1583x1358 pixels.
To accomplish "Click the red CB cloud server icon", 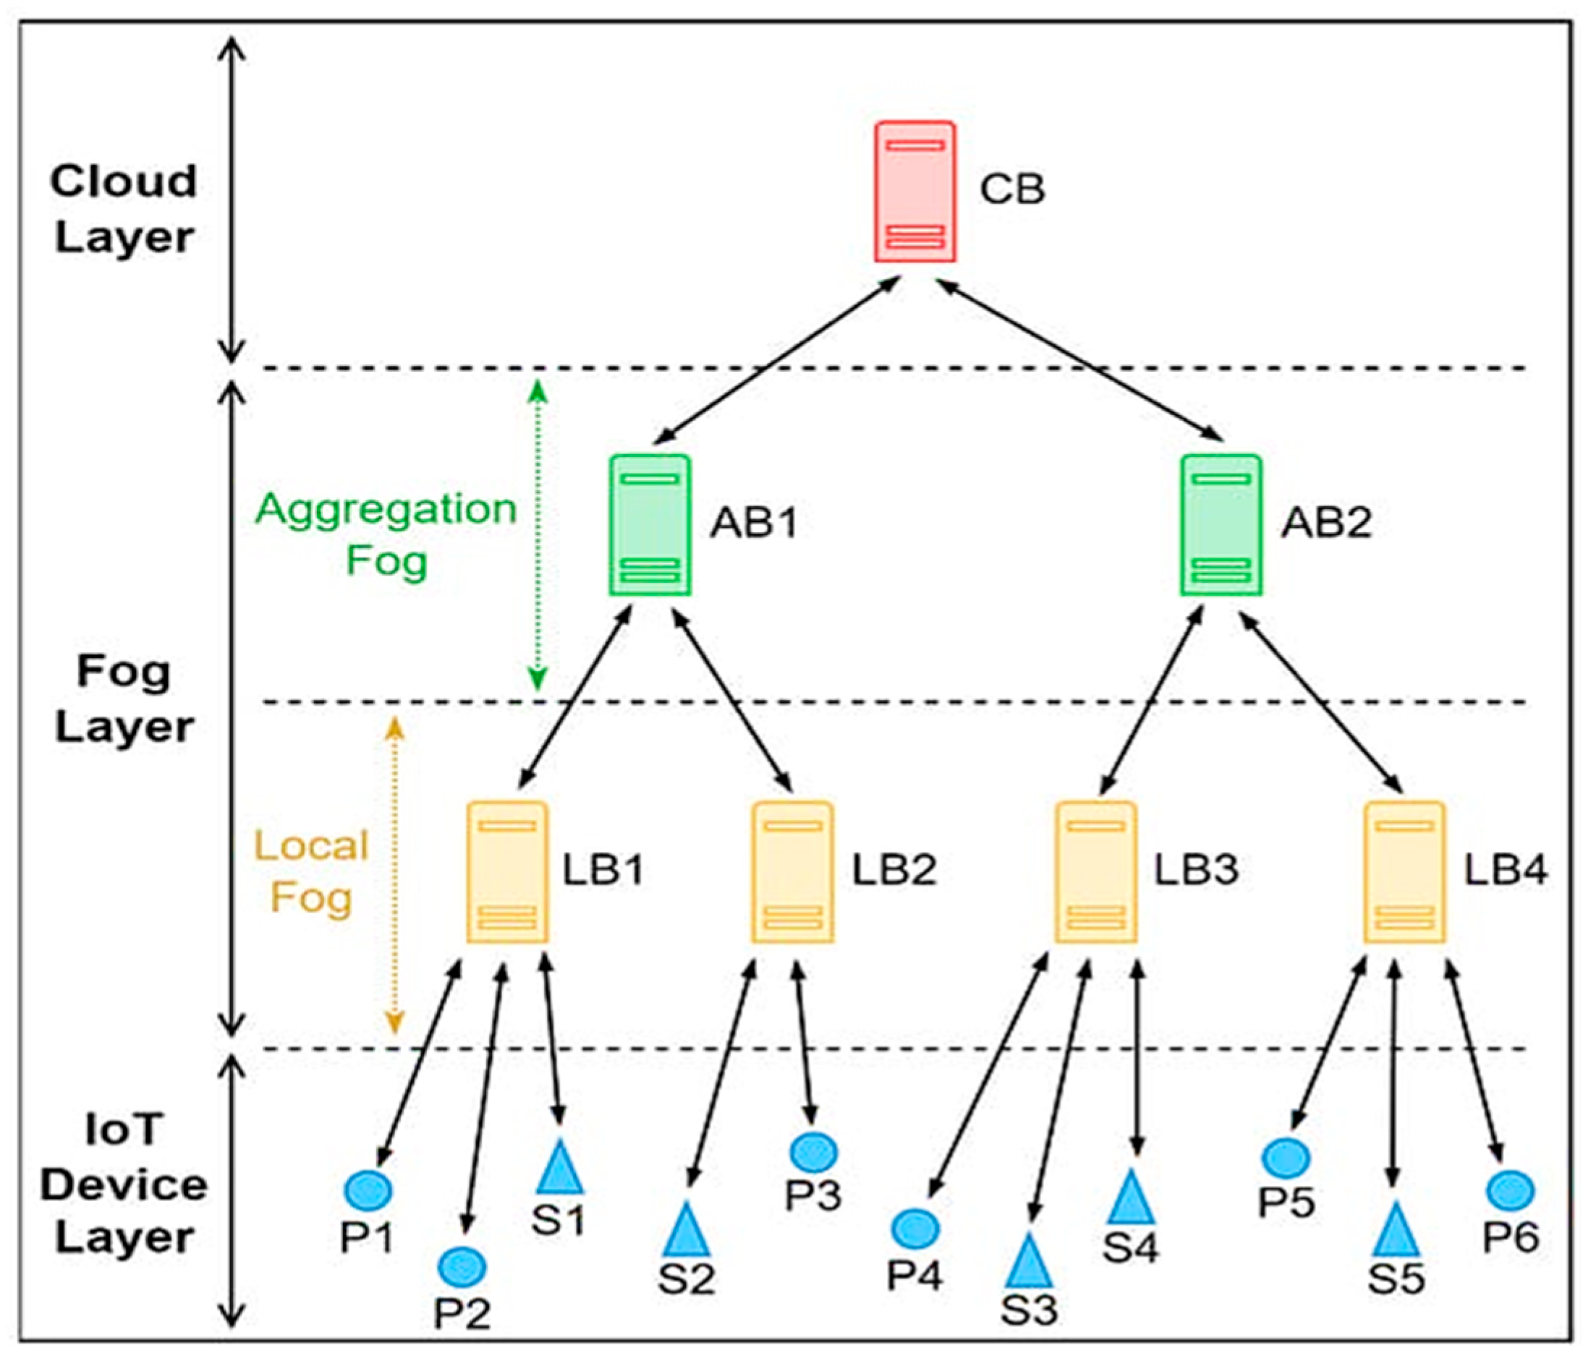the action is (914, 192).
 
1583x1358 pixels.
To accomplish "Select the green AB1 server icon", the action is (651, 525).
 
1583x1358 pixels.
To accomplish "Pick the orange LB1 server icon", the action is (507, 871).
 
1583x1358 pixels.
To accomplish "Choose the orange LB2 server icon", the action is (793, 871).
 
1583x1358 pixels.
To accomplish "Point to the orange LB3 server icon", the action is (1095, 871).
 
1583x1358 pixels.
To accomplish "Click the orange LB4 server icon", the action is (1405, 871).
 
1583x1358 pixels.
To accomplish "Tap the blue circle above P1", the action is (368, 1190).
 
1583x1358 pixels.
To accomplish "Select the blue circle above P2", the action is (462, 1266).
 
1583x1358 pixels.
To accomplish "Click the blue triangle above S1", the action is (560, 1168).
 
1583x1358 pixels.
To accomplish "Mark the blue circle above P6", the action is (1511, 1190).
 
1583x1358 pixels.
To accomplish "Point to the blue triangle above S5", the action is (1395, 1231).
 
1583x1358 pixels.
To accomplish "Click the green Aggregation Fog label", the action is (386, 534).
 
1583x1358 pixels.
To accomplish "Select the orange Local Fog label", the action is (312, 871).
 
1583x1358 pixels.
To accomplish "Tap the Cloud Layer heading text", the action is (124, 209).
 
